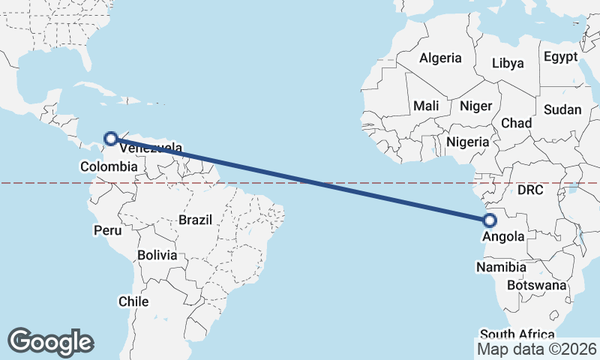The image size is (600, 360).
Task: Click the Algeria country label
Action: pos(441,58)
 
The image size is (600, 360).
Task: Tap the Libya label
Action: pos(508,63)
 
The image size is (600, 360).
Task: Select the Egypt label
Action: pos(560,57)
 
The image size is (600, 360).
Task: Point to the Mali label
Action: pos(426,106)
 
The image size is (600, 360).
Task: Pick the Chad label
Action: pos(516,123)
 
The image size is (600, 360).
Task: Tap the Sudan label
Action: pos(562,109)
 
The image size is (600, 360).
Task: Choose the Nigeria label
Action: pos(467,141)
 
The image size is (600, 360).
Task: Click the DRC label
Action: pos(529,190)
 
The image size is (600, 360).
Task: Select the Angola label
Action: pos(503,237)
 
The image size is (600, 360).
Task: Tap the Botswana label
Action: pos(536,285)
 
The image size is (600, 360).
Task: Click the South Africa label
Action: pos(517,334)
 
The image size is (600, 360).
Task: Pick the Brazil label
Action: pos(195,220)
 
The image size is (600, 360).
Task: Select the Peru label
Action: pos(107,230)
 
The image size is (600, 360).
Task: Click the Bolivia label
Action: pos(157,255)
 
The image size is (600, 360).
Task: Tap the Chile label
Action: pos(133,301)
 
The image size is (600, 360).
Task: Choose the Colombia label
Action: pos(109,167)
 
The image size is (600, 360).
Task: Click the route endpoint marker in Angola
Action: pos(490,220)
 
